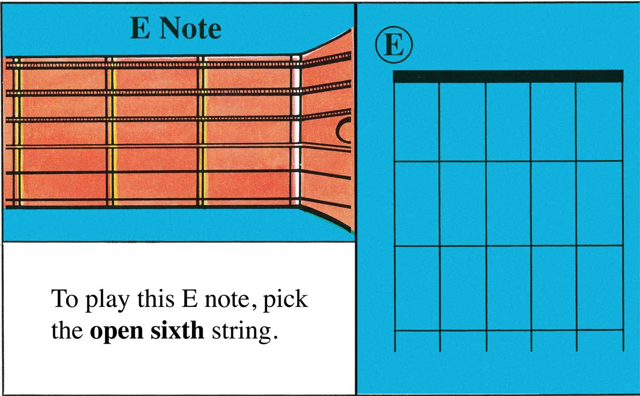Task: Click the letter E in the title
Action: click(140, 30)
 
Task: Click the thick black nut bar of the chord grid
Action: click(508, 76)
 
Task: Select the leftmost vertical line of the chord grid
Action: click(395, 213)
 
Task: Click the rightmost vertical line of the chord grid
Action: click(622, 213)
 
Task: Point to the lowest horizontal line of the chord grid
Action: click(508, 330)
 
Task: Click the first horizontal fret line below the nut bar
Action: click(508, 161)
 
